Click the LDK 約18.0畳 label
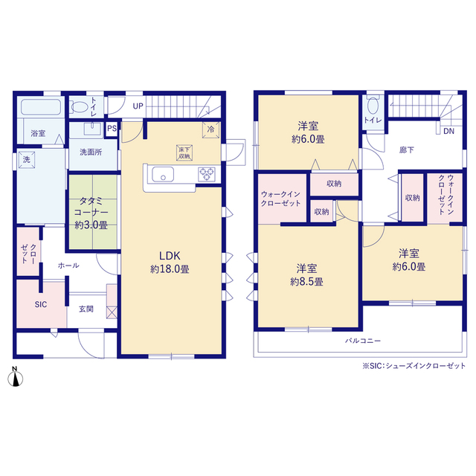[x=170, y=263]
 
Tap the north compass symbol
[x=15, y=377]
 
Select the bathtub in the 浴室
[x=41, y=107]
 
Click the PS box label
[x=112, y=129]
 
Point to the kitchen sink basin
[x=163, y=175]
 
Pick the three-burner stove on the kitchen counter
[x=207, y=174]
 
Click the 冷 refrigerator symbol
[x=210, y=129]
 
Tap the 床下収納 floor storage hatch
[x=184, y=152]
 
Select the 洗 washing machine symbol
[x=27, y=160]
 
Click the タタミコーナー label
[x=91, y=207]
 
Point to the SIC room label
[x=41, y=304]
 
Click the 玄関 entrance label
[x=86, y=309]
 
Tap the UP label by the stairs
[x=138, y=106]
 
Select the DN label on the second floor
[x=448, y=131]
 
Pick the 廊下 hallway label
[x=407, y=150]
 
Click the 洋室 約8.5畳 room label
[x=306, y=275]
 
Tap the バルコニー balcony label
[x=363, y=341]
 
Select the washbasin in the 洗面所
[x=93, y=129]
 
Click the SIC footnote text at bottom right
[x=414, y=366]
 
